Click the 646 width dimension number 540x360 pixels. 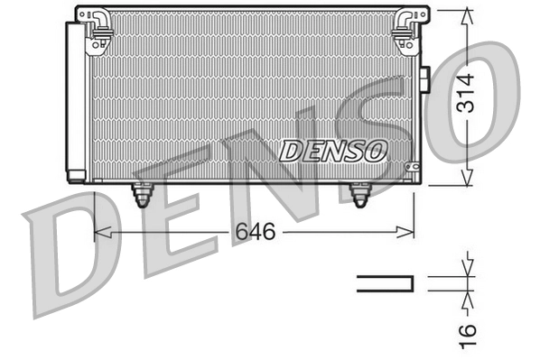(x=255, y=232)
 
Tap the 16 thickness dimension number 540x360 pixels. (x=467, y=331)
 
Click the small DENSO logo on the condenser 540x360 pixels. (x=333, y=150)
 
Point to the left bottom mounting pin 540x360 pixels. (x=142, y=194)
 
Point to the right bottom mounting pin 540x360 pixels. (x=359, y=194)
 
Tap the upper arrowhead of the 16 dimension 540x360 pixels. (x=467, y=270)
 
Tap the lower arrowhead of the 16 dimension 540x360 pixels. (x=467, y=297)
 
